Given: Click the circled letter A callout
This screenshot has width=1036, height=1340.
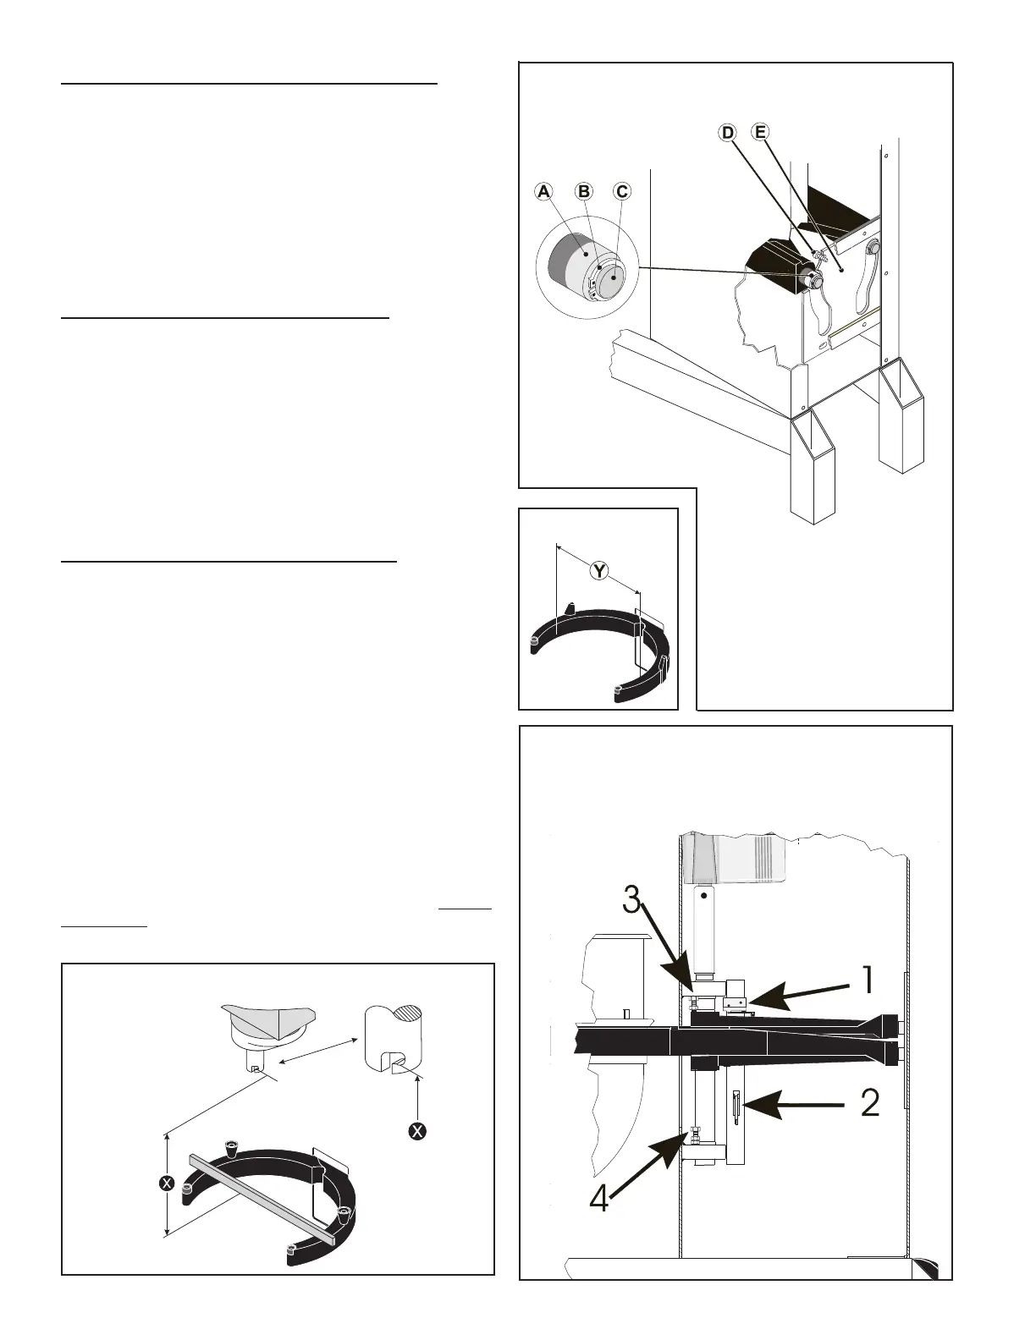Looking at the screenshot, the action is (x=544, y=192).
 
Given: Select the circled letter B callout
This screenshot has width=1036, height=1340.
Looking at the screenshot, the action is (x=583, y=192).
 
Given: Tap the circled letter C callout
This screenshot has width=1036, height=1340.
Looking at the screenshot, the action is (x=622, y=192).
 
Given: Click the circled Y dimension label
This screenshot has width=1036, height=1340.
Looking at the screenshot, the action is (x=598, y=571).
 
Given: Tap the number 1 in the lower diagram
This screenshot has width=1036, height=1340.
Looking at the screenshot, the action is (x=867, y=981).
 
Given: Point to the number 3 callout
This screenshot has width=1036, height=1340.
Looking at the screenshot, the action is (x=631, y=901).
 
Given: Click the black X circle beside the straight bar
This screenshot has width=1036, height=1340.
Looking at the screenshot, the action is (x=167, y=1183).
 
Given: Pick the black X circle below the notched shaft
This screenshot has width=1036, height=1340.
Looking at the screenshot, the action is (x=416, y=1131).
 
